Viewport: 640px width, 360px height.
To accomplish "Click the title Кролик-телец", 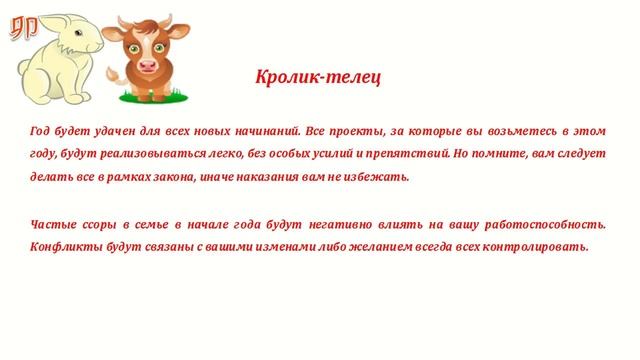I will (x=318, y=77).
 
